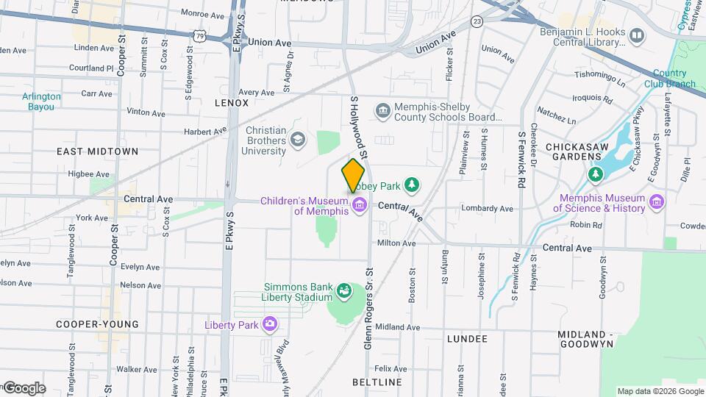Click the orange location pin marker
(x=353, y=175)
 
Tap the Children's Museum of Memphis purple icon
(x=360, y=204)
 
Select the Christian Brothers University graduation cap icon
(x=298, y=139)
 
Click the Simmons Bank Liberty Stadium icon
(x=343, y=292)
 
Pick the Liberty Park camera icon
(x=270, y=323)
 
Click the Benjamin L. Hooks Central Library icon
(x=637, y=35)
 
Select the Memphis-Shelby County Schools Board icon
(x=383, y=111)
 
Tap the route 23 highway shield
(x=477, y=21)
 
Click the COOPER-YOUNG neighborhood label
(x=97, y=324)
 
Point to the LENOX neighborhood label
(x=232, y=103)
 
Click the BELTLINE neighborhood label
(x=377, y=383)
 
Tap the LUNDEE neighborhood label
(x=467, y=339)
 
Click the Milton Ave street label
(x=396, y=243)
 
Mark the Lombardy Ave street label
(x=487, y=209)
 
